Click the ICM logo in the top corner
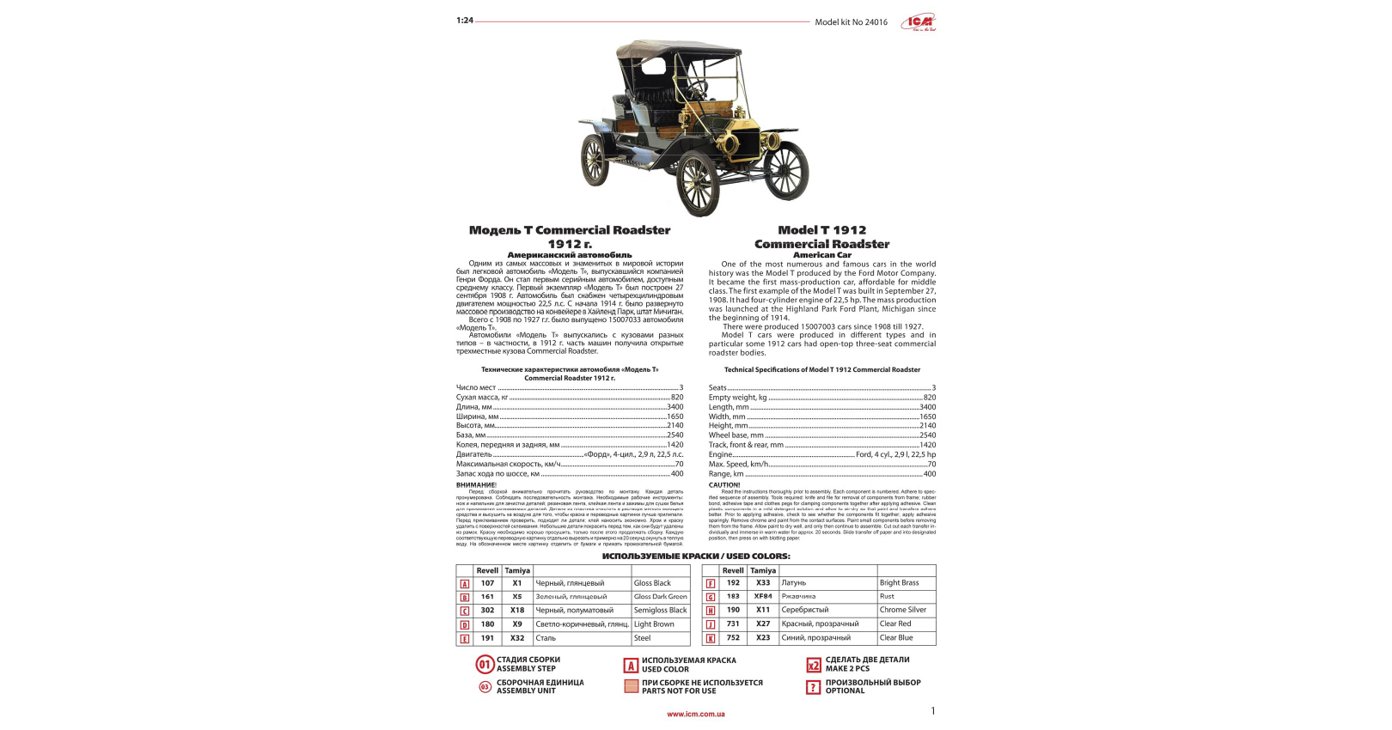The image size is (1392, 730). click(919, 22)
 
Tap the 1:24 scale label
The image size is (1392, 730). click(465, 21)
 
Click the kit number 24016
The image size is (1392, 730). click(876, 22)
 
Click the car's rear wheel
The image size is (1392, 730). click(595, 161)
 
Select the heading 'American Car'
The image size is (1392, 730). click(821, 255)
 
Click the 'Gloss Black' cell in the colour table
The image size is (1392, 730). click(660, 583)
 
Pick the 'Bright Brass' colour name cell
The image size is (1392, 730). click(906, 583)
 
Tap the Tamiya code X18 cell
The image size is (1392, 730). click(517, 611)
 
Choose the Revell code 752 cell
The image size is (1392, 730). click(733, 638)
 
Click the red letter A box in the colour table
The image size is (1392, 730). click(465, 584)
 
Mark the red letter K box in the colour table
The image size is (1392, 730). click(711, 639)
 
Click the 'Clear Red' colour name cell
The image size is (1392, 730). click(906, 624)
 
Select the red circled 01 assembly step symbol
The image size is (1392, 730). click(485, 665)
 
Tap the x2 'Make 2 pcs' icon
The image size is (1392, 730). click(814, 665)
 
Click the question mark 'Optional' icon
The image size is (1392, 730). click(814, 687)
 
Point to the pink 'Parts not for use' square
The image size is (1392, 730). click(632, 686)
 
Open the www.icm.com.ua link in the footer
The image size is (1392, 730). click(696, 714)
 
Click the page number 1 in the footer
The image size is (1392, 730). click(933, 711)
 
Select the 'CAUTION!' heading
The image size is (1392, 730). click(724, 485)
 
